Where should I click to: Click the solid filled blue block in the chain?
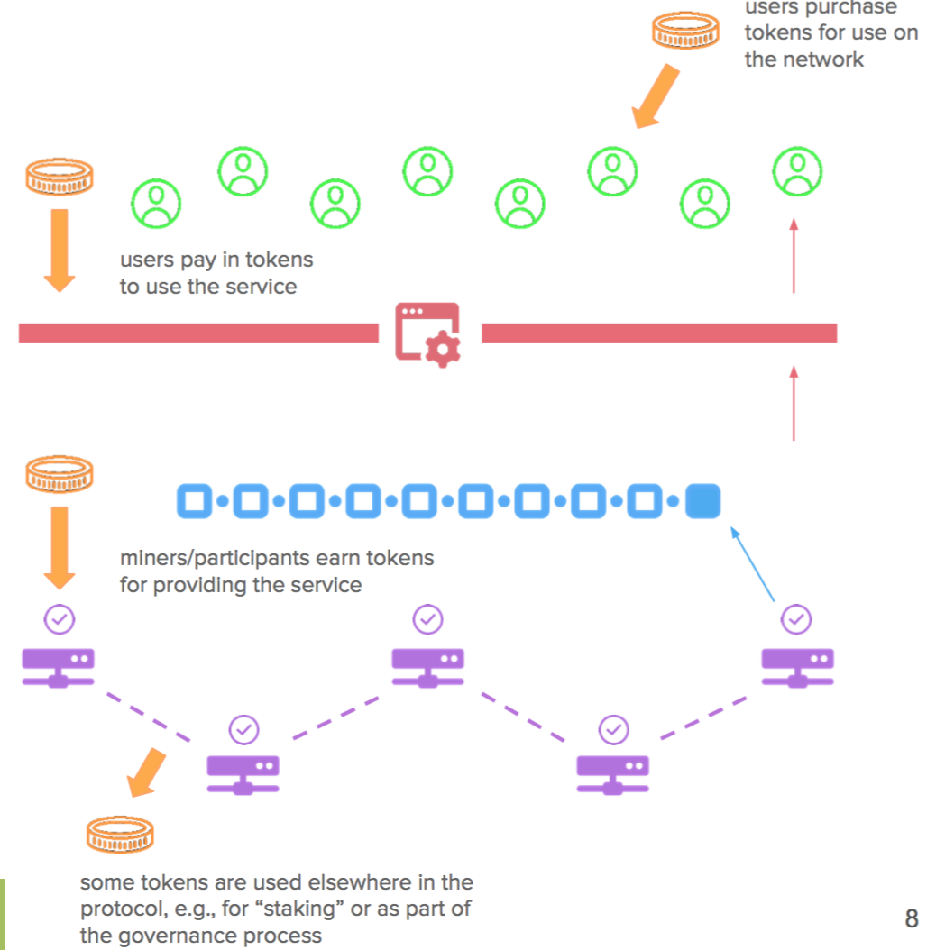tap(702, 501)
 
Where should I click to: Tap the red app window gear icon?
tap(428, 334)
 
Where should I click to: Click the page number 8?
tap(912, 918)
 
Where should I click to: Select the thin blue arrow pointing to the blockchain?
tap(752, 564)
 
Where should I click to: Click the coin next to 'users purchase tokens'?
tap(685, 30)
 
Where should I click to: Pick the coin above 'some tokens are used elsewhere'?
tap(120, 835)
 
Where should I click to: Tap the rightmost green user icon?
tap(797, 171)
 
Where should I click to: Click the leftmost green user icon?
tap(156, 204)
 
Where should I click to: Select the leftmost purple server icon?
tap(59, 668)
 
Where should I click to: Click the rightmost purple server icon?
tap(798, 668)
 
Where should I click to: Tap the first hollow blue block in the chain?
tap(195, 501)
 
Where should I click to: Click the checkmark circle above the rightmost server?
tap(796, 619)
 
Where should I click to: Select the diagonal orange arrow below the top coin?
tap(656, 96)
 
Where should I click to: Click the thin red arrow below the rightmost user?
tap(794, 256)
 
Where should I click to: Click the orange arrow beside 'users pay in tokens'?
tap(60, 251)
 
